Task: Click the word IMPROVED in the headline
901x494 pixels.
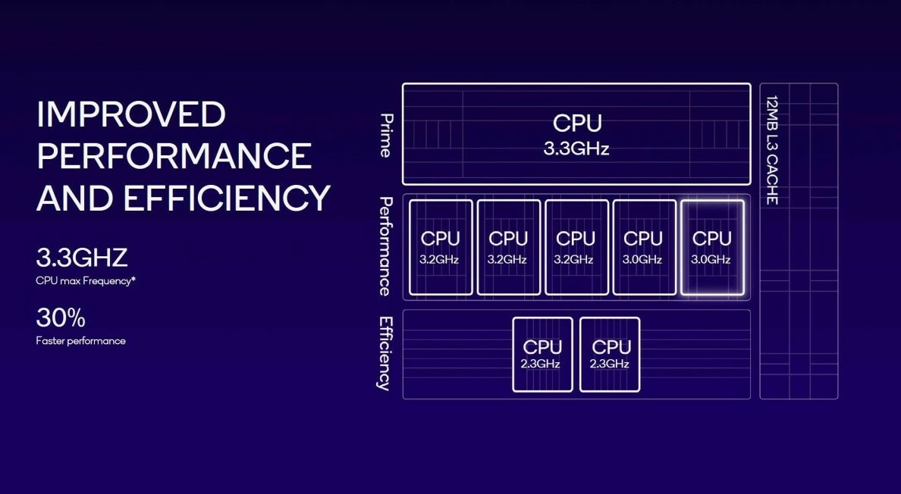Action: click(131, 114)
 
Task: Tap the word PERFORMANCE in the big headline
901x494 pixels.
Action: click(174, 156)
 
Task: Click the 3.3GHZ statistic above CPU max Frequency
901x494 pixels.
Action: click(82, 258)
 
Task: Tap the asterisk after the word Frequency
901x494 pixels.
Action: click(133, 280)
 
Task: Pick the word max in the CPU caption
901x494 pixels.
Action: click(70, 281)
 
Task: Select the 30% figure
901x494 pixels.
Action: click(61, 318)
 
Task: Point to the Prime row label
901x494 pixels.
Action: click(386, 135)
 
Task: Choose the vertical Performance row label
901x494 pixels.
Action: click(386, 246)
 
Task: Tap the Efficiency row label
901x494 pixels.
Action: click(386, 353)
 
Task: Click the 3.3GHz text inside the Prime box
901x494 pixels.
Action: click(576, 149)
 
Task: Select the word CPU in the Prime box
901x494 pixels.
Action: click(576, 123)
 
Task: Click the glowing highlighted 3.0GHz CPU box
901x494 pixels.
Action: click(711, 247)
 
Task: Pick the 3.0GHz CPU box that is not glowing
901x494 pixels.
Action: click(643, 247)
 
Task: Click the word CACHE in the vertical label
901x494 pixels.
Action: click(772, 182)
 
